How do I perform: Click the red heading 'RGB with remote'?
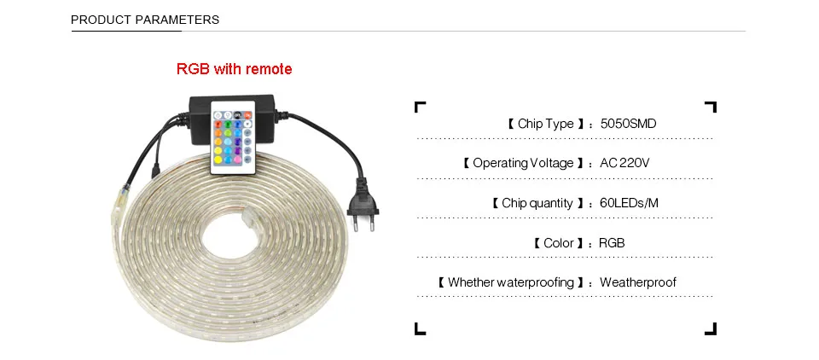(x=234, y=69)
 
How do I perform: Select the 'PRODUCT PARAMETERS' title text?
(x=145, y=20)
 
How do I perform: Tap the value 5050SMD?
(x=628, y=124)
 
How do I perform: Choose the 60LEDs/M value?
(x=630, y=203)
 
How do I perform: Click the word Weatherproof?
(x=638, y=282)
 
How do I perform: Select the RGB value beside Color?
(x=612, y=243)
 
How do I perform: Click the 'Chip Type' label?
(x=546, y=124)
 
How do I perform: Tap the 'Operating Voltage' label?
(x=523, y=163)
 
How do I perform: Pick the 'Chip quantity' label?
(x=537, y=203)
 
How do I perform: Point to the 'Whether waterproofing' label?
(x=510, y=282)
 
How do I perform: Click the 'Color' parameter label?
(x=559, y=243)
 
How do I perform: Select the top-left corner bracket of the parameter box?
(x=418, y=107)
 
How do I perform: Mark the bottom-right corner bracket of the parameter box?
(x=712, y=328)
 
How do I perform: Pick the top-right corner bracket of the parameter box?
(x=712, y=107)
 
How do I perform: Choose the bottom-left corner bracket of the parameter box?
(x=418, y=328)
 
